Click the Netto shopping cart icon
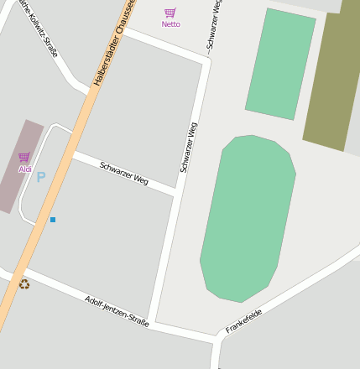[x=170, y=13]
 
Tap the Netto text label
[x=170, y=24]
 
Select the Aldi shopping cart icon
[x=23, y=158]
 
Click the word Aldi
[x=24, y=169]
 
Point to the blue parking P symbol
[x=40, y=178]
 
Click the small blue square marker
[x=53, y=220]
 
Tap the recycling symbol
[x=24, y=284]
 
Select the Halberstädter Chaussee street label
[x=114, y=42]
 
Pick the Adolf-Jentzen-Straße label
[x=117, y=311]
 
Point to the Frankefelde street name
[x=243, y=321]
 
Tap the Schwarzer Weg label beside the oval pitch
[x=189, y=148]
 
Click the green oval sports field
[x=248, y=218]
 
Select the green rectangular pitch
[x=280, y=65]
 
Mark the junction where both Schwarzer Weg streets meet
[x=176, y=193]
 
